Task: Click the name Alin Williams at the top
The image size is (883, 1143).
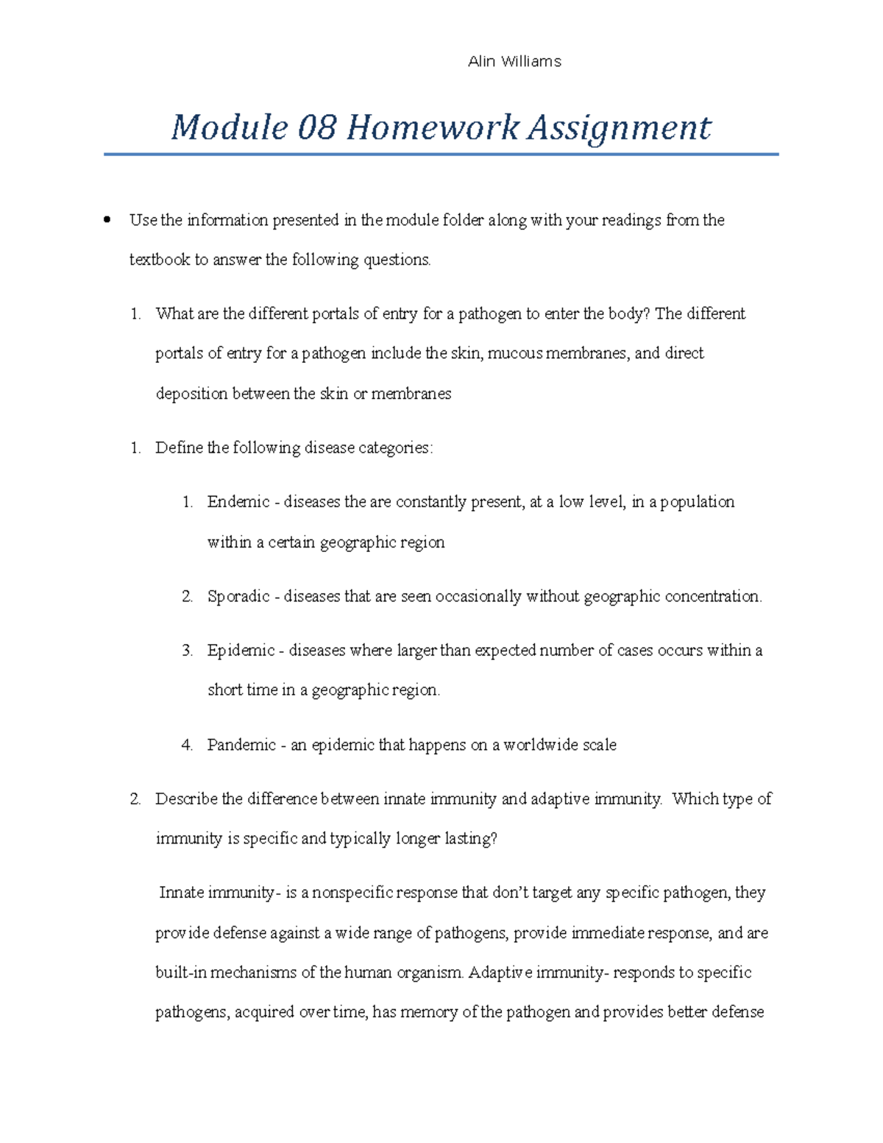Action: click(514, 62)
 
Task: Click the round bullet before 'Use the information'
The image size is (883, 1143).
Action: click(107, 219)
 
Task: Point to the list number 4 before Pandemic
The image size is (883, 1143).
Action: click(187, 745)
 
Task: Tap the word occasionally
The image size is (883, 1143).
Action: click(478, 596)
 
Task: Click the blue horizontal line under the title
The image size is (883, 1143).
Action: click(441, 155)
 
